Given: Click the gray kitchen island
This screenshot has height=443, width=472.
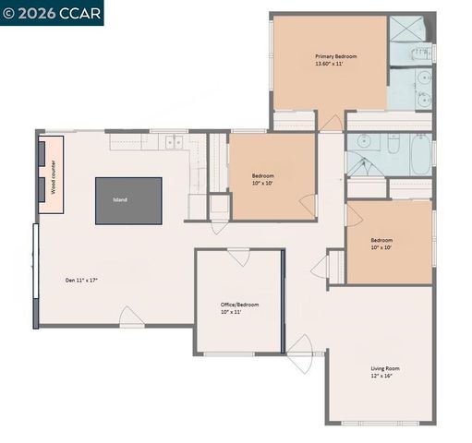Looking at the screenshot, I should click(128, 199).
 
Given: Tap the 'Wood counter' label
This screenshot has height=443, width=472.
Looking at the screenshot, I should click(54, 175).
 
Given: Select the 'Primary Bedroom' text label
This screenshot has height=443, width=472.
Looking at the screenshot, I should click(335, 56).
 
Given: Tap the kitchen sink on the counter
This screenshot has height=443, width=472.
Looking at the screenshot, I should click(173, 142).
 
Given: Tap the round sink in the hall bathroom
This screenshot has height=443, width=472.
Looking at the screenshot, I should click(363, 142).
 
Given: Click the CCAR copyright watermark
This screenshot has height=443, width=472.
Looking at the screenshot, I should click(52, 12).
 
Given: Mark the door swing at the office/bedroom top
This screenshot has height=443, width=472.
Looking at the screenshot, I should click(239, 257).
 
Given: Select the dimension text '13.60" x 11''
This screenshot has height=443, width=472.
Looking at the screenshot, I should click(335, 65).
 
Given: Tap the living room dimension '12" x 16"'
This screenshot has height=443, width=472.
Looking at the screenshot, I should click(387, 377).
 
